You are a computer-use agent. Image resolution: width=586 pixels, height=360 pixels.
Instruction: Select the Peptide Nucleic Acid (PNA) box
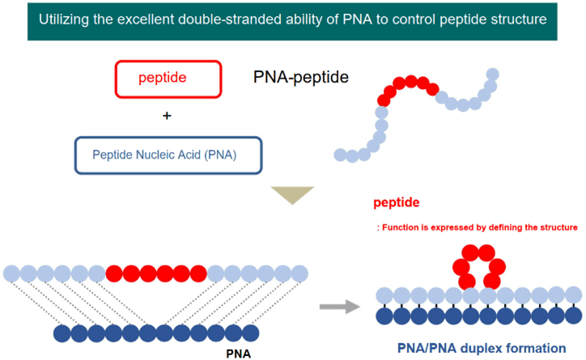168,155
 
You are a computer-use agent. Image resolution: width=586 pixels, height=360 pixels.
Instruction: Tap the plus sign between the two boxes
168,116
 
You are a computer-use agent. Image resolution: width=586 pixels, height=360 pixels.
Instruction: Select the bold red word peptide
397,203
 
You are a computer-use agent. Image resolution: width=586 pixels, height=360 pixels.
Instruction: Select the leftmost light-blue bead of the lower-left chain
12,273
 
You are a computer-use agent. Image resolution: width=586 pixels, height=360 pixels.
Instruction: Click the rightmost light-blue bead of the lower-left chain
300,273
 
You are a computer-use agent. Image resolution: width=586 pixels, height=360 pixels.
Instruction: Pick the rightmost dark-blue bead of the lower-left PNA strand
250,332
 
